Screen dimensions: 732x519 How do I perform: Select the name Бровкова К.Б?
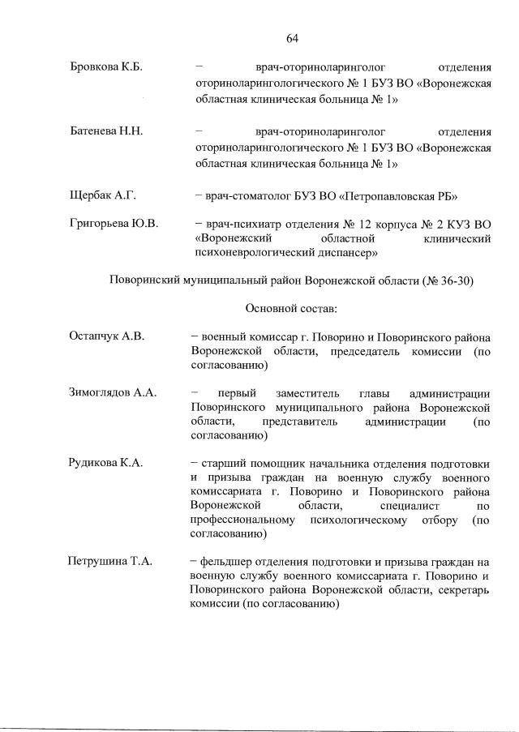pyautogui.click(x=106, y=67)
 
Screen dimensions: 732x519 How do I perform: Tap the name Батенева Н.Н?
pyautogui.click(x=106, y=131)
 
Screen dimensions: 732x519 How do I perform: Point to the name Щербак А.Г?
pyautogui.click(x=102, y=195)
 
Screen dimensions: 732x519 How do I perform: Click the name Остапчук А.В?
pyautogui.click(x=106, y=336)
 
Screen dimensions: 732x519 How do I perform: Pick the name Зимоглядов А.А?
pyautogui.click(x=112, y=392)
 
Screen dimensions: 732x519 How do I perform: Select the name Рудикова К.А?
pyautogui.click(x=106, y=462)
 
